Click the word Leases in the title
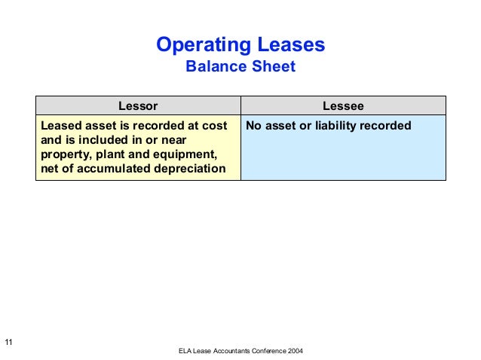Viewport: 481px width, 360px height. pos(290,45)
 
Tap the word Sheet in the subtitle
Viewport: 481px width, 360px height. pos(272,67)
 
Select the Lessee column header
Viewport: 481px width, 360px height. pos(343,106)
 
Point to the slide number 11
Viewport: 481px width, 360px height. pos(8,343)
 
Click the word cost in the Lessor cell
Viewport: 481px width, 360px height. pos(213,126)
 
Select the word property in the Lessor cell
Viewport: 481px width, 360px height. pos(64,154)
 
